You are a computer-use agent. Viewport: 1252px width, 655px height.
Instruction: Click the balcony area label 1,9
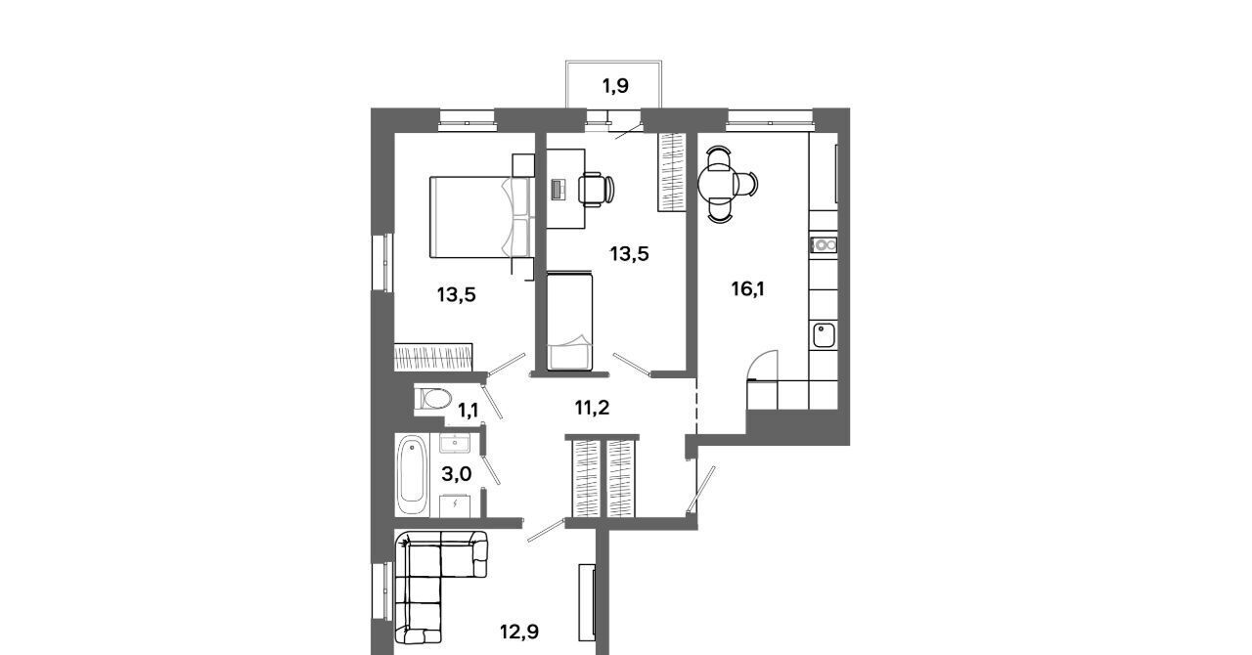615,86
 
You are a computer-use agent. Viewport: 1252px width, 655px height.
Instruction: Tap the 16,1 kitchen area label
748,289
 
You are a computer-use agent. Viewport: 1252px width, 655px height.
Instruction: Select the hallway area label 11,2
592,408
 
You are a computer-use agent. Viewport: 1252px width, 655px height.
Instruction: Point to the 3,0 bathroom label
457,474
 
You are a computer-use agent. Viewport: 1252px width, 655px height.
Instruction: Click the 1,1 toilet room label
468,411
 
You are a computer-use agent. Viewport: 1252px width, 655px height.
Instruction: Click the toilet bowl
433,400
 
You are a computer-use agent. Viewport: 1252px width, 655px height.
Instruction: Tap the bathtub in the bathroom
413,475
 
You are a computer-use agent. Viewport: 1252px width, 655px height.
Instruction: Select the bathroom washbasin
455,444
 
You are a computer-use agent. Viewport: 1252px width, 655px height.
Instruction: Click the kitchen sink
824,335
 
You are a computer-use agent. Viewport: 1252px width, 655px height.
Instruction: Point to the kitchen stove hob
824,244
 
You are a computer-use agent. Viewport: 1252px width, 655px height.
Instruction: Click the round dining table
716,184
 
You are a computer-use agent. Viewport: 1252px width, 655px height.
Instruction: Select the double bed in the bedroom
479,217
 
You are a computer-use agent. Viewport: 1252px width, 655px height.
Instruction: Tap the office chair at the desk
596,190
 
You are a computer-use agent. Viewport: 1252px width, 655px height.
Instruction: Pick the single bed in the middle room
569,321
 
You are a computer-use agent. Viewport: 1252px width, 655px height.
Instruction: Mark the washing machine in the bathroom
455,505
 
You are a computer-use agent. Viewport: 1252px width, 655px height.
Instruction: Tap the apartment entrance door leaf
702,489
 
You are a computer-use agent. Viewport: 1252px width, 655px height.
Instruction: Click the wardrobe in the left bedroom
433,357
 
